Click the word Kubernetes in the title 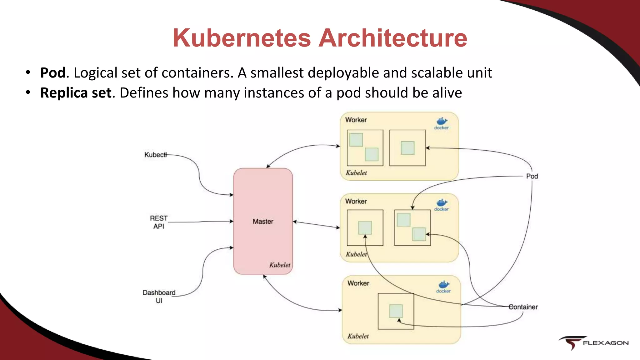[x=242, y=38]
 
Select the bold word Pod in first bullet [x=53, y=73]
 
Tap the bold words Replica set [x=76, y=93]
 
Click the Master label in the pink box [x=263, y=222]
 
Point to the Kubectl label [x=155, y=155]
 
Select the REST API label [x=159, y=222]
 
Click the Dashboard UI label [x=159, y=297]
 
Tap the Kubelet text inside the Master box [x=279, y=265]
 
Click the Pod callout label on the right [x=532, y=176]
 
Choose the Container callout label [x=523, y=307]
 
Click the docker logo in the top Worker [x=442, y=123]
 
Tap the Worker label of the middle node [x=356, y=202]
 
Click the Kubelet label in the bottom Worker [x=358, y=336]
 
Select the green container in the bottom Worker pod [x=396, y=311]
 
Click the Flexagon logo [x=594, y=343]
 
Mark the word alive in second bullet [x=447, y=93]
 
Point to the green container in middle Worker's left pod [x=365, y=227]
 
